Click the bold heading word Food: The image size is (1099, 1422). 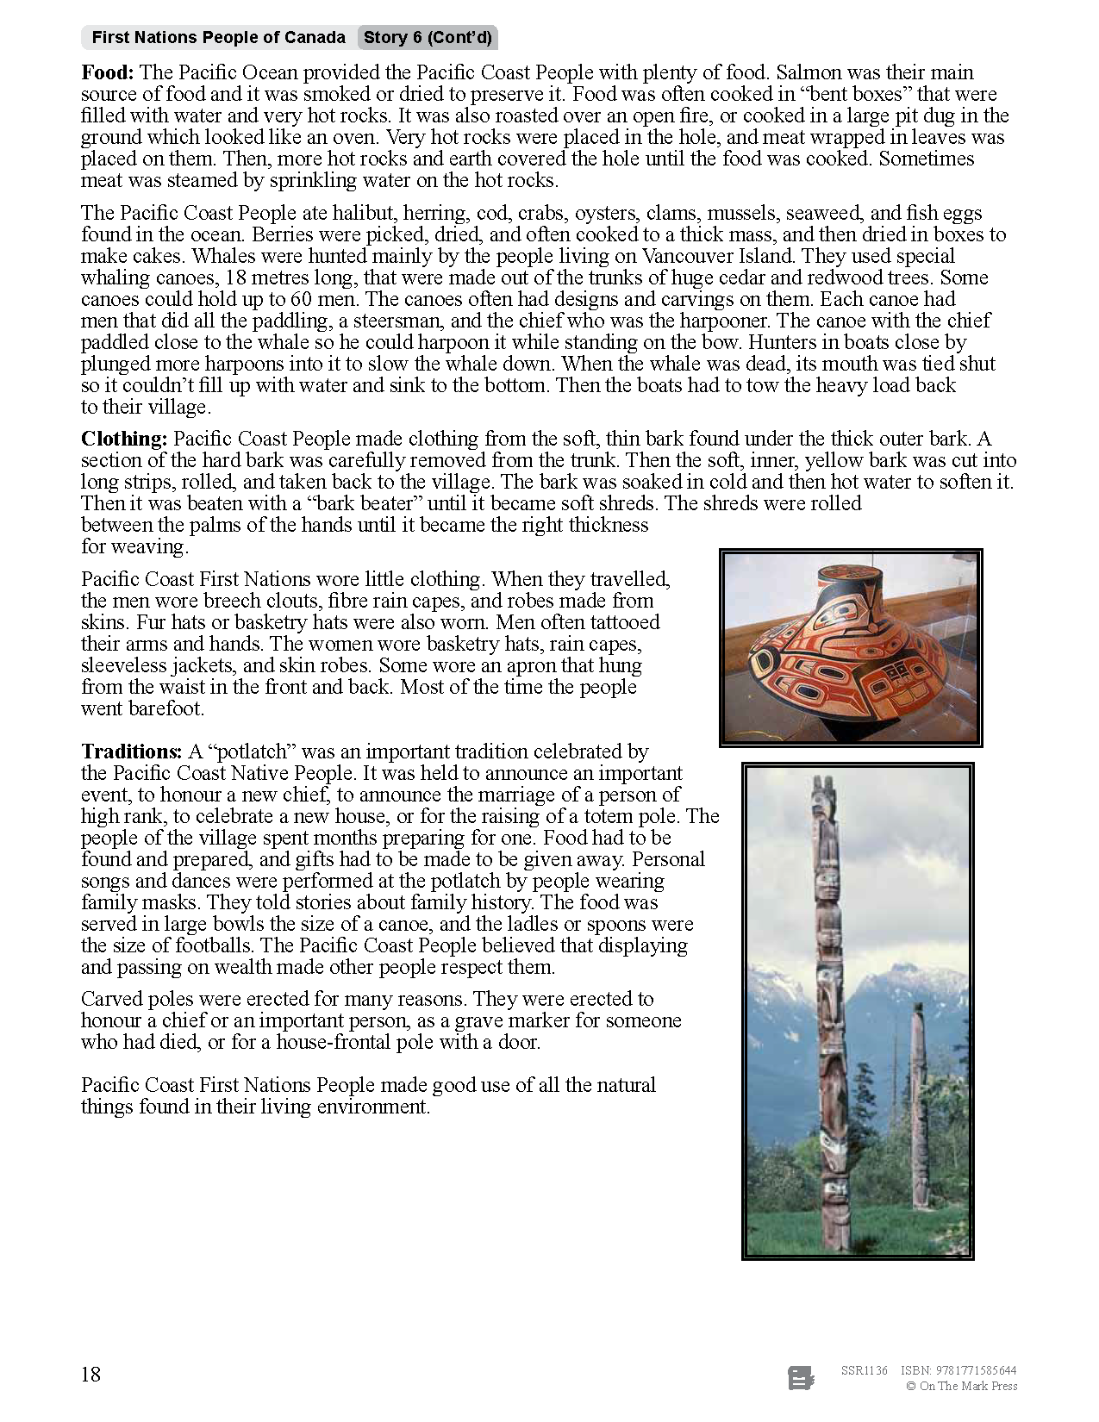[108, 72]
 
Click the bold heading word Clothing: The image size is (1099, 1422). [124, 439]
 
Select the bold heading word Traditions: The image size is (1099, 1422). [131, 752]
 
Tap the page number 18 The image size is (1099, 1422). [91, 1374]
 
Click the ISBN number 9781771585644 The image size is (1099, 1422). [976, 1370]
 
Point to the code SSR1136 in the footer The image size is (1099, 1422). [864, 1370]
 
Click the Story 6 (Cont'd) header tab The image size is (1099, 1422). [428, 37]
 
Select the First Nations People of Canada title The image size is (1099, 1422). [218, 37]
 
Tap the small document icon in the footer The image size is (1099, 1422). [801, 1378]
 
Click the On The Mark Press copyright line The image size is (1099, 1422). [962, 1386]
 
